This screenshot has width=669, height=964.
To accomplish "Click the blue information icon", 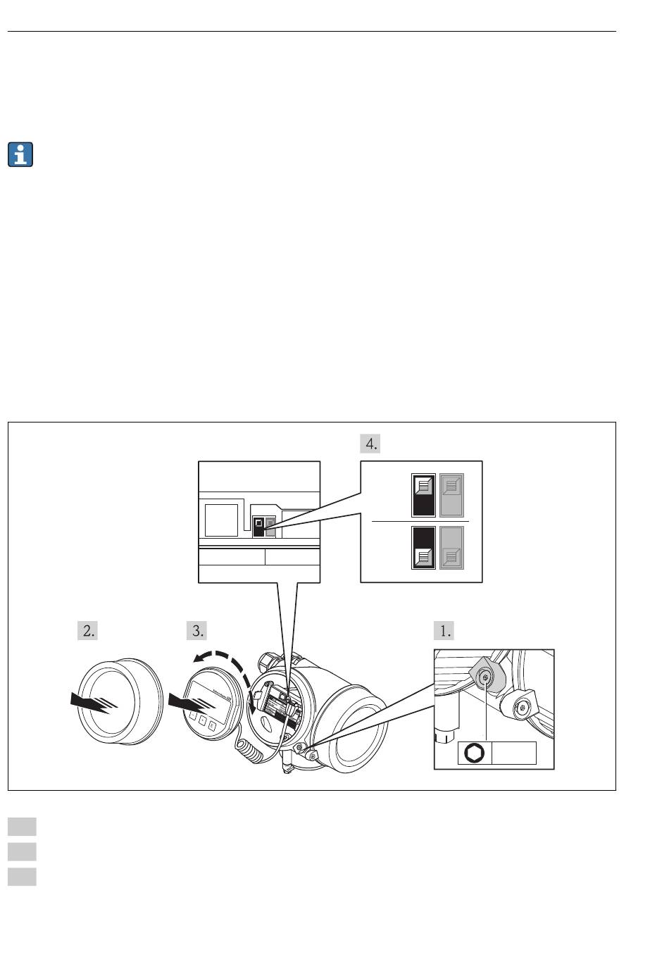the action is [x=21, y=154].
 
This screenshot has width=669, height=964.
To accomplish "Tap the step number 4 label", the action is [x=370, y=444].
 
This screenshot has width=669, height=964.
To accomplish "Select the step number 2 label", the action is [x=87, y=630].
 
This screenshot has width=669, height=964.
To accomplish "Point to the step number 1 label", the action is [x=444, y=630].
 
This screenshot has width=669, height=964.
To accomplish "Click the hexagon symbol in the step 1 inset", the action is [x=475, y=753].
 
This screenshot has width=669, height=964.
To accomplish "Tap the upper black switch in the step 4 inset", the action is [x=423, y=496].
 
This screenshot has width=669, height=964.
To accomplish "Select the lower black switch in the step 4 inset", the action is [x=423, y=548].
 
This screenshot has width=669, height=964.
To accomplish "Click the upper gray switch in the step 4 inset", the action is [x=451, y=496].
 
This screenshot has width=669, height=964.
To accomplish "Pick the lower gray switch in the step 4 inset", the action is [x=451, y=548].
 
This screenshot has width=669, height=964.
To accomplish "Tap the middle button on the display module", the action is [x=201, y=721].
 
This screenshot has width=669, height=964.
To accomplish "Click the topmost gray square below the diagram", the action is [x=22, y=826].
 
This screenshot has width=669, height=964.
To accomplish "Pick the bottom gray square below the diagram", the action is [x=22, y=877].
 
